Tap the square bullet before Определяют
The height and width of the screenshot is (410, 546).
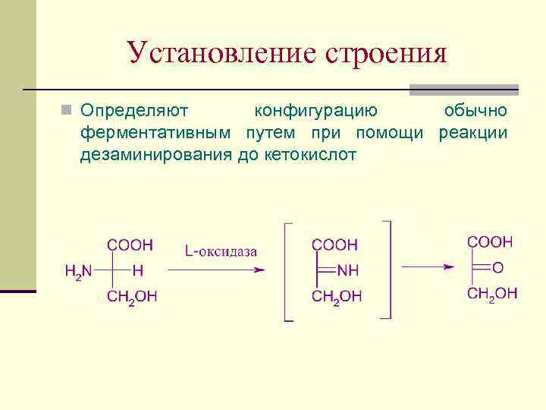pyautogui.click(x=68, y=110)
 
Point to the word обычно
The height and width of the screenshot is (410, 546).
pyautogui.click(x=475, y=111)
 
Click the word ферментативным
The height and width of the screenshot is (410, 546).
pyautogui.click(x=158, y=133)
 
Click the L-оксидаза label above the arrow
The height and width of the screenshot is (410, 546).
pyautogui.click(x=220, y=251)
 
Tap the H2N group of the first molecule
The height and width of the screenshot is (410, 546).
pyautogui.click(x=79, y=271)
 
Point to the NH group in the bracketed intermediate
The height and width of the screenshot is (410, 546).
pyautogui.click(x=349, y=270)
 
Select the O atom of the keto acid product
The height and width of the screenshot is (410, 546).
pyautogui.click(x=497, y=266)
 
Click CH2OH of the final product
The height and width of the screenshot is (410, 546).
pyautogui.click(x=492, y=294)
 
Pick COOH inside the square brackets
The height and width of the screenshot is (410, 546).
pyautogui.click(x=334, y=245)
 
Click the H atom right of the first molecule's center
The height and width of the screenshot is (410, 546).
pyautogui.click(x=137, y=270)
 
